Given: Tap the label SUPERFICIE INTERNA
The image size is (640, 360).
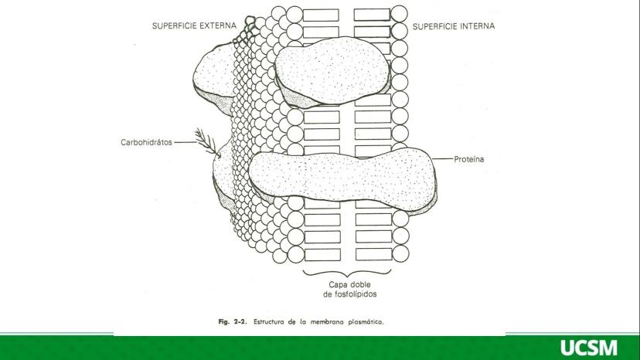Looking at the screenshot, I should pos(454,25).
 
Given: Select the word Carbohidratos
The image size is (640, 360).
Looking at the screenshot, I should pos(148,142).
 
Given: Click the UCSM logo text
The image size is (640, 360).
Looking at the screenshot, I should pos(589,348).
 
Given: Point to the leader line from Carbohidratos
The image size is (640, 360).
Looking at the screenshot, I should pos(186,142).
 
